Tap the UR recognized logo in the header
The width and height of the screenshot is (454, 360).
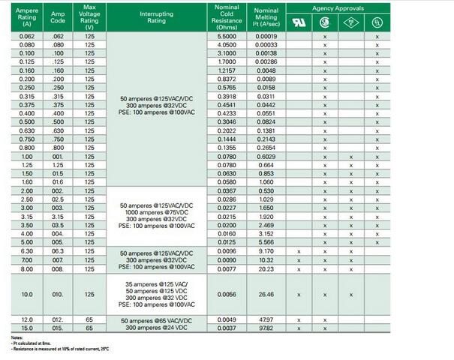point(299,22)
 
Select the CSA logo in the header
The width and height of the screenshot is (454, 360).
point(325,22)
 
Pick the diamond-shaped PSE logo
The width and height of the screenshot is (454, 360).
point(350,22)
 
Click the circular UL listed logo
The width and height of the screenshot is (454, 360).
point(377,22)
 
